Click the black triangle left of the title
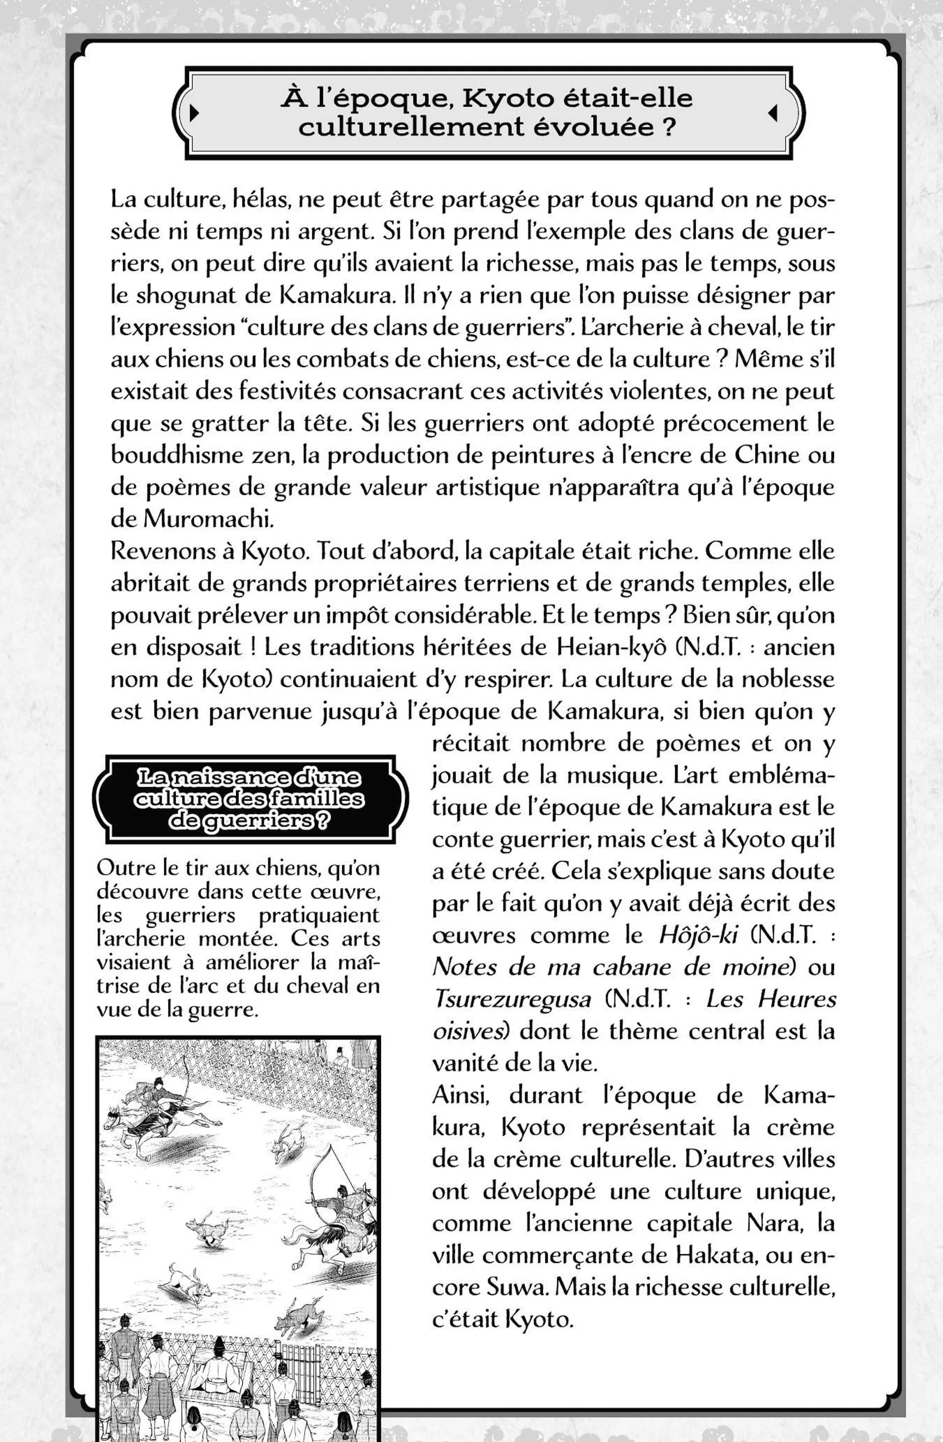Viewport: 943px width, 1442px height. tap(194, 113)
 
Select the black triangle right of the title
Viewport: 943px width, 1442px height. tap(772, 113)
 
